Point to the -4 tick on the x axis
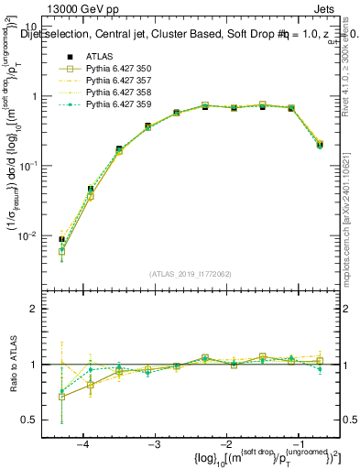click(82, 444)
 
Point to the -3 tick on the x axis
click(154, 444)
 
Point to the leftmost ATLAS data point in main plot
click(61, 240)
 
